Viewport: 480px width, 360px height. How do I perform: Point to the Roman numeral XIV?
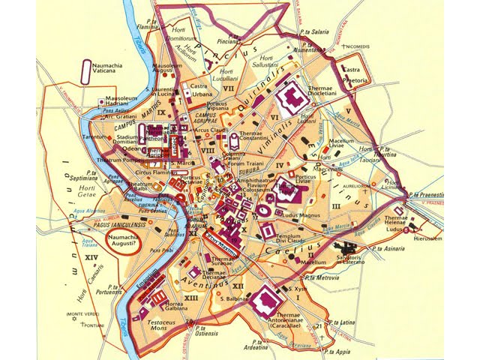92,259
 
